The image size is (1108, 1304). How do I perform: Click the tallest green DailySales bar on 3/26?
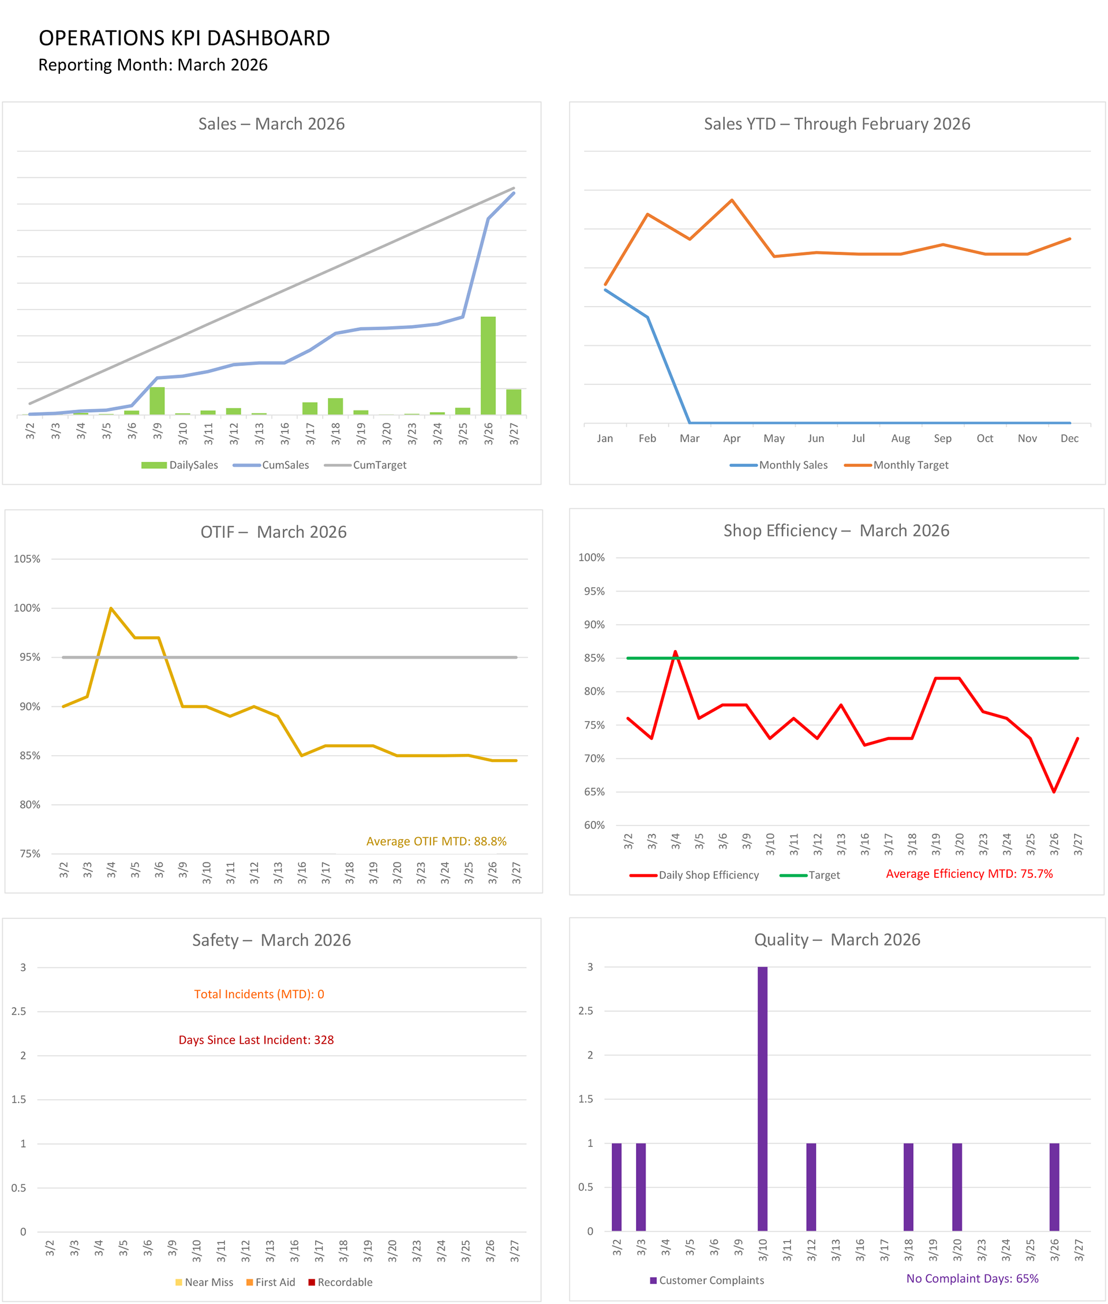(x=488, y=365)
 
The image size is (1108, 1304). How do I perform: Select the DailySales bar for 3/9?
(x=157, y=401)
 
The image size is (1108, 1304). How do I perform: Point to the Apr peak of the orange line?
(x=732, y=200)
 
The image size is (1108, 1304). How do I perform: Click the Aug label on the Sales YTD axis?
(x=900, y=439)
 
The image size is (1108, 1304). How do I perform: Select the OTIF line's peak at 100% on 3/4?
(x=111, y=608)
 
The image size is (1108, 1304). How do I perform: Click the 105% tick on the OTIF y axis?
(x=27, y=559)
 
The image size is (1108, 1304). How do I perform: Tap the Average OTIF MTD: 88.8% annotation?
(x=436, y=841)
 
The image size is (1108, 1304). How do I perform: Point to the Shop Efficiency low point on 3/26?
(x=1054, y=791)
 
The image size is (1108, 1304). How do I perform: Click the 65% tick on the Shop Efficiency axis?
(x=594, y=791)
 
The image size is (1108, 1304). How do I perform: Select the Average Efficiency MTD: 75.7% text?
(x=968, y=874)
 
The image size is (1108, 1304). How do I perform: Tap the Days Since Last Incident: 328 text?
(x=256, y=1040)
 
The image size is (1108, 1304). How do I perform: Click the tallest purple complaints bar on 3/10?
(x=762, y=1099)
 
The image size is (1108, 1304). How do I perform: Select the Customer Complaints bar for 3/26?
(x=1054, y=1187)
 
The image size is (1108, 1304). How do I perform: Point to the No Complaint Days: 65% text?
(x=972, y=1278)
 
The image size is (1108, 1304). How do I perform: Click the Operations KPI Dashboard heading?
(x=184, y=38)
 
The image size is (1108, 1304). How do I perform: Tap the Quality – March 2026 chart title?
(x=837, y=940)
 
